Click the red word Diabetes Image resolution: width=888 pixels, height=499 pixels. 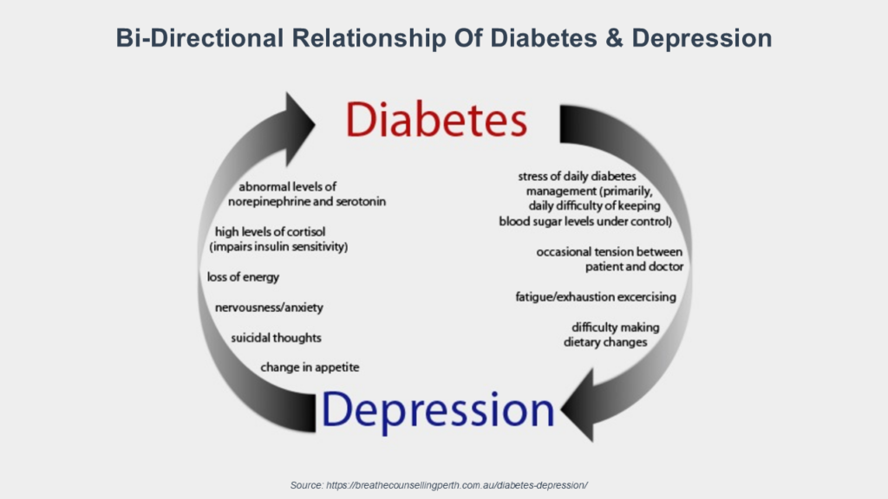[436, 120]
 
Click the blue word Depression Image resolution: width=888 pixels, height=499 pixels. [438, 410]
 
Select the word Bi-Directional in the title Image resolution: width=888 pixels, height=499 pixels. [199, 38]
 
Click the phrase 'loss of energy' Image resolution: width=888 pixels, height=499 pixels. [243, 277]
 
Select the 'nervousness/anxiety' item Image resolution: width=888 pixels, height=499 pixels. [269, 308]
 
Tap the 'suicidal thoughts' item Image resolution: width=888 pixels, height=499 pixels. [276, 338]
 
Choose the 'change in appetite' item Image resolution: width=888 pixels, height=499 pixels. [310, 367]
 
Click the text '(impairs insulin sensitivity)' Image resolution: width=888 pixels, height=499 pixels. [278, 247]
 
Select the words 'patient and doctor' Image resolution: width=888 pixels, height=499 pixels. [634, 267]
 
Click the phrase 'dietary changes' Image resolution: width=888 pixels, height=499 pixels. [604, 342]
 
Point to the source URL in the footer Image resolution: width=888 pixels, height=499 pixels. [456, 485]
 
